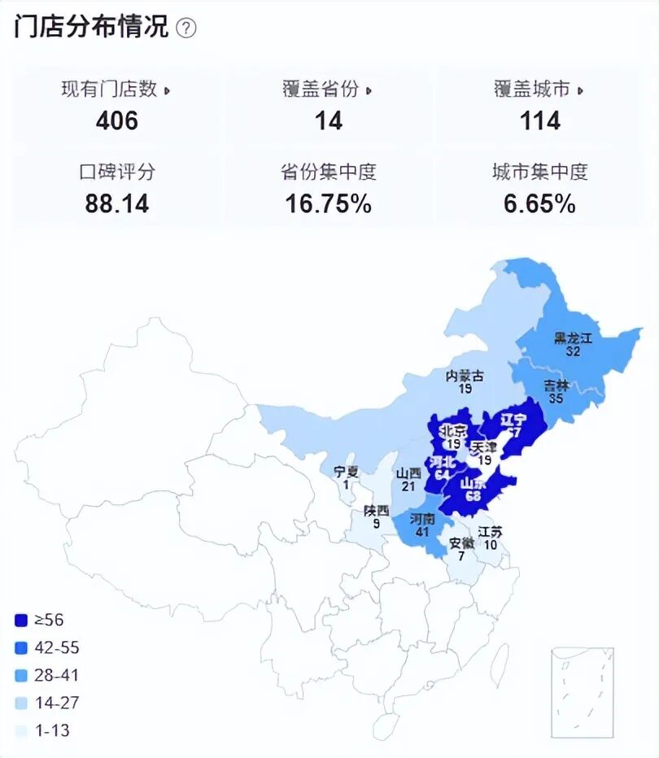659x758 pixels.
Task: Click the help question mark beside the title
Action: point(186,28)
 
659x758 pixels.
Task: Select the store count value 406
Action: point(117,121)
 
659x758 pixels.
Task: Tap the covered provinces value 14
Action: point(329,121)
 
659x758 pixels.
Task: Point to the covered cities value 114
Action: point(540,121)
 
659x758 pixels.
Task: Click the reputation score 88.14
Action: point(117,203)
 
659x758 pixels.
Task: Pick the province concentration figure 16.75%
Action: point(329,203)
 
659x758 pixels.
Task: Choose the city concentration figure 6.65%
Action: point(540,203)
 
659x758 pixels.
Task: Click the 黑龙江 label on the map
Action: point(573,338)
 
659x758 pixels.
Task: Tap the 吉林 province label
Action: point(556,386)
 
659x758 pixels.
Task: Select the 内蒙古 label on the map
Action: point(465,376)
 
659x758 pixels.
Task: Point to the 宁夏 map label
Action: point(346,471)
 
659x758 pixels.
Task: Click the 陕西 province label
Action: point(376,512)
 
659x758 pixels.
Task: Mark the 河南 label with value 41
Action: point(422,519)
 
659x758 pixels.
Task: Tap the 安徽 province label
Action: point(461,542)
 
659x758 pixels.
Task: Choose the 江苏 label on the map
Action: point(490,532)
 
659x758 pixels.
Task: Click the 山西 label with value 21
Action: point(408,473)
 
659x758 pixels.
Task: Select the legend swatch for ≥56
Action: point(22,621)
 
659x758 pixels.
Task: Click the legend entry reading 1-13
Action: point(51,730)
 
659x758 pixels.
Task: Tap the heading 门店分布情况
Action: point(91,27)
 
